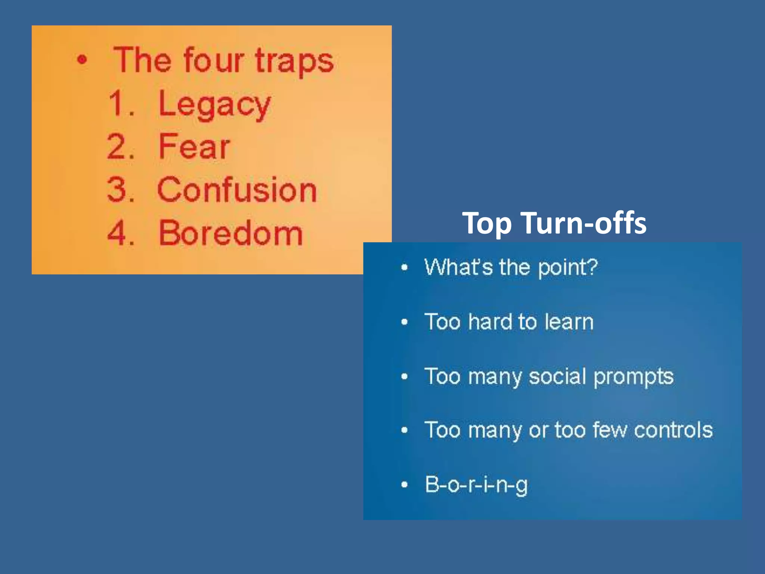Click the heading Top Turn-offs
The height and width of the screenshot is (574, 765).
click(554, 223)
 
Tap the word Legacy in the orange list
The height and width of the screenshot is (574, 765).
click(214, 105)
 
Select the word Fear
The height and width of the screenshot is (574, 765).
click(194, 146)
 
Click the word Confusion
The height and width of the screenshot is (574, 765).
click(237, 190)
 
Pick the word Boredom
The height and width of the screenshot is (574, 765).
click(230, 233)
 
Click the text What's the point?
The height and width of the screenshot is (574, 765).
click(511, 268)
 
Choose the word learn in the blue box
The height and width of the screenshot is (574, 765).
click(569, 322)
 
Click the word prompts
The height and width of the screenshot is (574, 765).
click(634, 377)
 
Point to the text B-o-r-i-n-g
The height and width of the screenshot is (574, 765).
click(476, 484)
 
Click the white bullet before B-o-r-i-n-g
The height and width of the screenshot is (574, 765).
click(404, 485)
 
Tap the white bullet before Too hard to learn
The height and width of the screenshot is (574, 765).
click(404, 322)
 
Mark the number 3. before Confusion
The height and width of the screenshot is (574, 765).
click(121, 190)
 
